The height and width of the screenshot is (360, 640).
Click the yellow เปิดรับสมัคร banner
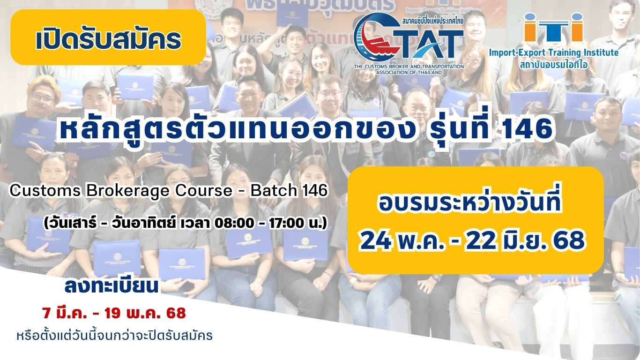coord(108,37)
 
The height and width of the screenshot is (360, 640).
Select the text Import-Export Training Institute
coord(554,52)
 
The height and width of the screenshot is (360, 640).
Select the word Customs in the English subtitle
coord(45,191)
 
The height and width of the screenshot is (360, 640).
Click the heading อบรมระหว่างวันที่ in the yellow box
coord(469,205)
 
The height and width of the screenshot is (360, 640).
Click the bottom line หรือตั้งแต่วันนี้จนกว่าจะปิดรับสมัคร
coord(115,336)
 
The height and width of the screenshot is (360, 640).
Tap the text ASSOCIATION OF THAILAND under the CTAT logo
coord(409,72)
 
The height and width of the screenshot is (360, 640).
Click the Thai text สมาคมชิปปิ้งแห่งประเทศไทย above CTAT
coord(432,21)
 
